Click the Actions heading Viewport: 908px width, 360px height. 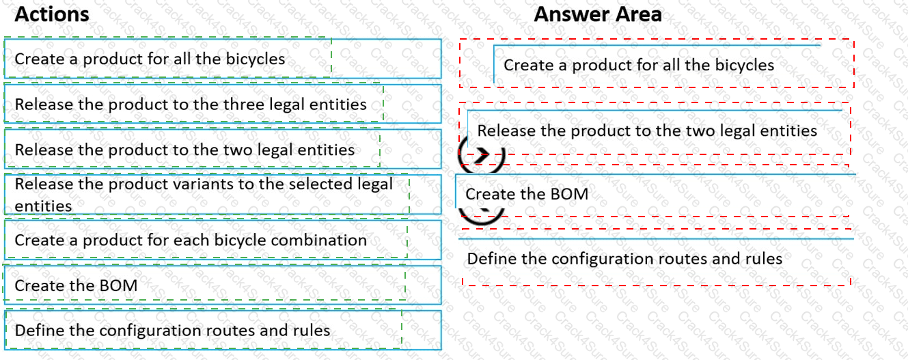[x=52, y=14]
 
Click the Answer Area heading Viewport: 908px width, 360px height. [x=597, y=14]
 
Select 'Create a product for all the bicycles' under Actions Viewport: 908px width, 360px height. [x=150, y=59]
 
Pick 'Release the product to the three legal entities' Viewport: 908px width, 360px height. [x=191, y=105]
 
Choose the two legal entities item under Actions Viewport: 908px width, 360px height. [x=184, y=150]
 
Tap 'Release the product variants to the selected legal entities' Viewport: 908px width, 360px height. [x=204, y=195]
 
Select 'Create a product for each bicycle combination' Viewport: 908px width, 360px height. [x=191, y=240]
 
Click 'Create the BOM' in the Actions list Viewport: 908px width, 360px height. [x=76, y=286]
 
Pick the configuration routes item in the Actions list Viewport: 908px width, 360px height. [x=172, y=331]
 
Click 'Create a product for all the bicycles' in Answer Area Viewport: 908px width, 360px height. [x=639, y=66]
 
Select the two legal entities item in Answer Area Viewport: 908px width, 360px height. [x=647, y=130]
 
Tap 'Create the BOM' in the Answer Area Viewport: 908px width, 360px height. [x=527, y=194]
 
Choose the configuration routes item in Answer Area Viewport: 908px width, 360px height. [x=624, y=259]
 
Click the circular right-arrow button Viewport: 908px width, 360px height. [x=481, y=155]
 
